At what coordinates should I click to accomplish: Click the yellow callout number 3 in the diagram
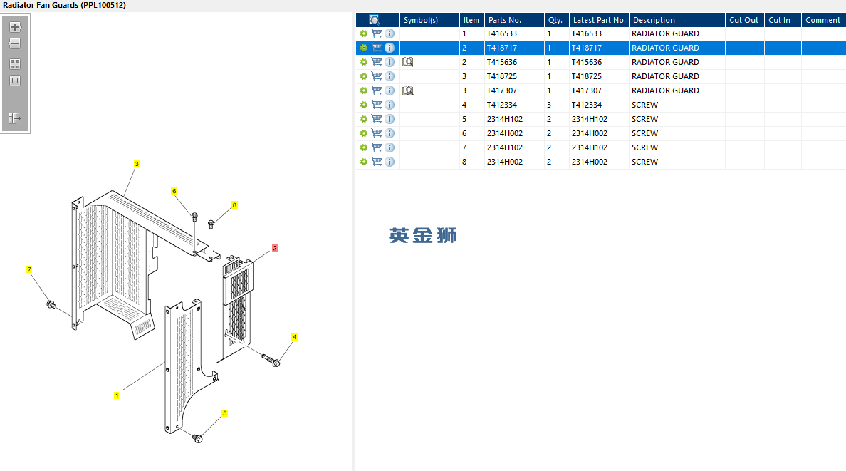(137, 164)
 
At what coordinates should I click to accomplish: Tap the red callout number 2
(274, 249)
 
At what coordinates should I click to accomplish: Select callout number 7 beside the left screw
(29, 270)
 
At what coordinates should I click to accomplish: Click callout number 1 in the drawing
(117, 395)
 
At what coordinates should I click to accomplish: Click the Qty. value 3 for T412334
(549, 105)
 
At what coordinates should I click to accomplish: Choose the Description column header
(654, 20)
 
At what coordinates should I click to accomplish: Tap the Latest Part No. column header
(599, 20)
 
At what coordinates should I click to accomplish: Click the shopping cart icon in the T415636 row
(377, 62)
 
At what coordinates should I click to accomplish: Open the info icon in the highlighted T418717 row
(390, 48)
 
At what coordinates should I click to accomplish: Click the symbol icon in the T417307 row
(408, 90)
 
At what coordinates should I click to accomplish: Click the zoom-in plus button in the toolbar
(15, 27)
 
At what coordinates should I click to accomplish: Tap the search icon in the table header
(375, 20)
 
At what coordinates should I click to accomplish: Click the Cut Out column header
(743, 20)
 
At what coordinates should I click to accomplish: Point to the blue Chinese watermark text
(423, 235)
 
